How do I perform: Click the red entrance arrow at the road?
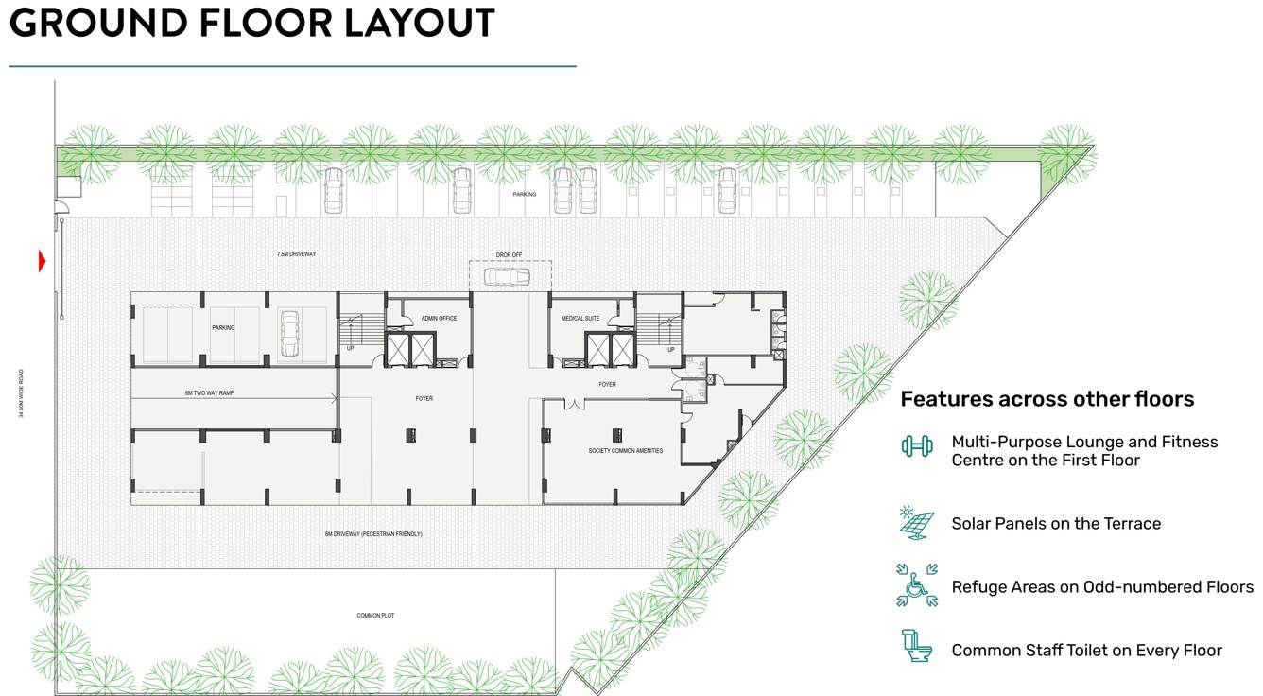pos(42,260)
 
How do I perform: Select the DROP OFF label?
pos(509,254)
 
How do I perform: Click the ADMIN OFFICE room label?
pos(439,319)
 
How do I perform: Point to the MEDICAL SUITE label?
pos(580,319)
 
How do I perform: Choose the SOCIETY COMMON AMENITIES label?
pos(625,451)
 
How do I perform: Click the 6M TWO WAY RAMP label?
pos(209,392)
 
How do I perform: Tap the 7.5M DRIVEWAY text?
pos(296,254)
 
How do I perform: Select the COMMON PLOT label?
pos(375,616)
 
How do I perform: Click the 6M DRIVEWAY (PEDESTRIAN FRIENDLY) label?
pos(373,534)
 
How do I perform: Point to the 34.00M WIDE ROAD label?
pos(21,393)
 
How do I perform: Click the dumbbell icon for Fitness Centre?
pos(916,446)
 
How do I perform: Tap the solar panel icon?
pos(916,522)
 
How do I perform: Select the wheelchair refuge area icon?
pos(916,585)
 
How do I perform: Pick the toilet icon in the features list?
pos(916,647)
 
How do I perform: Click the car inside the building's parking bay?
pos(289,334)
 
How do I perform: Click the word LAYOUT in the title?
pos(419,23)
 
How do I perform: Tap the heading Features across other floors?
pos(1047,399)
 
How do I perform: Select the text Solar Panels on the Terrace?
pos(1055,524)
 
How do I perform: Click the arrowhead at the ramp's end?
pos(335,399)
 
